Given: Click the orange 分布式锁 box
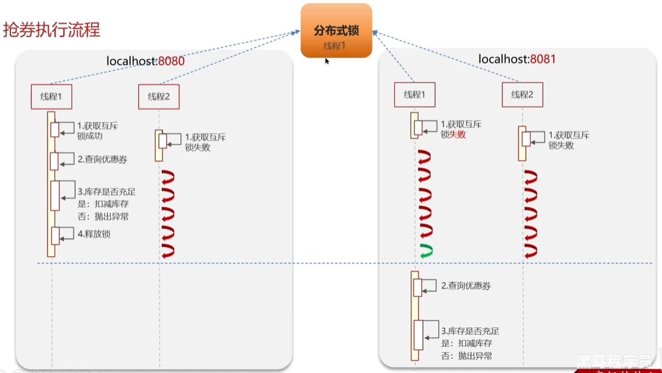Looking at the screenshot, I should pos(336,30).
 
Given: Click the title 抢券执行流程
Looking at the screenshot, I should pos(52,30).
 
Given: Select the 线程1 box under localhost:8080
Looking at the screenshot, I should pos(52,96).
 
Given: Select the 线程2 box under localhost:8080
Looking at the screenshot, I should pos(159,96).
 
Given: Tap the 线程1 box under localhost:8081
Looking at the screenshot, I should pos(414,94).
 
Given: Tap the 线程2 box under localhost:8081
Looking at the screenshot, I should pos(522,94).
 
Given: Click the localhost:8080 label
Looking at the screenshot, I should pos(145,61).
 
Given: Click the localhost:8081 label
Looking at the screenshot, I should pos(517,59).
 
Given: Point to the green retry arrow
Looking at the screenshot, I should pos(426,249).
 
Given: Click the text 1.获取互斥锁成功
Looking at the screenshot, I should pos(97,131).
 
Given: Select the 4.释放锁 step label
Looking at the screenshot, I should pos(94,234).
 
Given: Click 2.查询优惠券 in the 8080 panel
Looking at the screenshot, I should pos(102,159).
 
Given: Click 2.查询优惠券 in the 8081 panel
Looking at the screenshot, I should pos(465,285).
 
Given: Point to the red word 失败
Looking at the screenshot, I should pos(457,134).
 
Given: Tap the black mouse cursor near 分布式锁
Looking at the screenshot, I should pos(327,61).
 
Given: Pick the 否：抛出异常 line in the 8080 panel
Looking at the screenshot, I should pos(103,216).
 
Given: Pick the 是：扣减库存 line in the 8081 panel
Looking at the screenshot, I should pos(467,343).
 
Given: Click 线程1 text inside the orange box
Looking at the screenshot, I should pos(336,46).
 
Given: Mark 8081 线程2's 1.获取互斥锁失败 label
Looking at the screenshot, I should pos(569,140).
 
